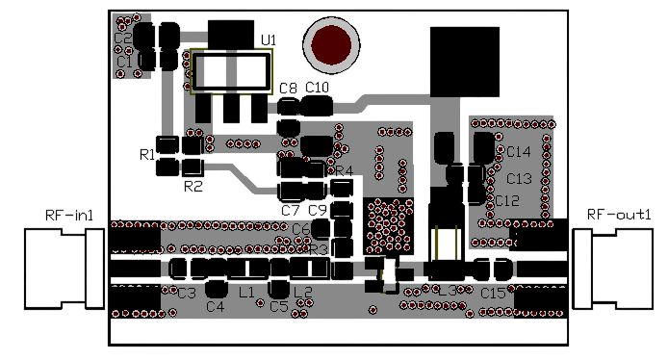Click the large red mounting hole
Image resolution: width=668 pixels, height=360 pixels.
(330, 45)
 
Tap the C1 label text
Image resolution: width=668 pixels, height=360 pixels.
(123, 62)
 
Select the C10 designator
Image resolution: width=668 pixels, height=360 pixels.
(319, 89)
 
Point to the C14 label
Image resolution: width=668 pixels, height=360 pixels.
(519, 152)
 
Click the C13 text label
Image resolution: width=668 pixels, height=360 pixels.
(519, 179)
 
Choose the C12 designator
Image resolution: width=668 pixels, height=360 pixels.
(507, 201)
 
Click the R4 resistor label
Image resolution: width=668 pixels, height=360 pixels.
(344, 171)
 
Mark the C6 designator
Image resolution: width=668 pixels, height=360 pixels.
(301, 229)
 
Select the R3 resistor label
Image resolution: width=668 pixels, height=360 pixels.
(320, 249)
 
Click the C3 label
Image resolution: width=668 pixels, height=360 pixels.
(187, 293)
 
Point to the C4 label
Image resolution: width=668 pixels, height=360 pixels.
(215, 307)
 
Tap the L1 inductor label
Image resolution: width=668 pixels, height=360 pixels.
(246, 292)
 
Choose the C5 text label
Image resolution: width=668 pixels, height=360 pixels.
(279, 307)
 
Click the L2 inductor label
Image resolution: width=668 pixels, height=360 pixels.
(303, 292)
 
